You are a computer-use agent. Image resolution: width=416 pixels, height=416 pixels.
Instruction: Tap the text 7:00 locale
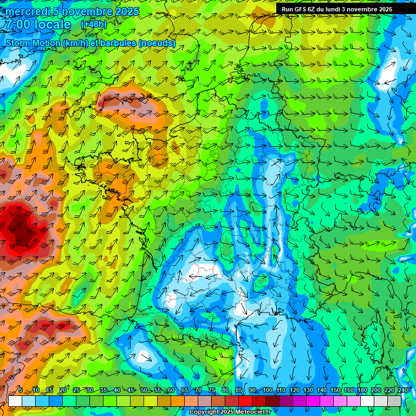click(38, 24)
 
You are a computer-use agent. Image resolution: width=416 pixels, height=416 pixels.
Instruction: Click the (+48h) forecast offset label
click(94, 24)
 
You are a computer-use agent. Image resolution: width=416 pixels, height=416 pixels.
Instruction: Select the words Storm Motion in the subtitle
click(32, 43)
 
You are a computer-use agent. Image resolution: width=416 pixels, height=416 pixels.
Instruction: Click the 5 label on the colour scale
click(21, 391)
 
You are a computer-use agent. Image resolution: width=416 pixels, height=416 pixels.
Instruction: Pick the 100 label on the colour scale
click(267, 391)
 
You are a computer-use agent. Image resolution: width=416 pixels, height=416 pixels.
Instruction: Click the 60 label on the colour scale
click(171, 391)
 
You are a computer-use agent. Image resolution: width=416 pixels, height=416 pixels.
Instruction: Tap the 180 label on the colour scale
click(362, 391)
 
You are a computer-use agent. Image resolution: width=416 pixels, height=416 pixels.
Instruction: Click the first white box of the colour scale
click(15, 401)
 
